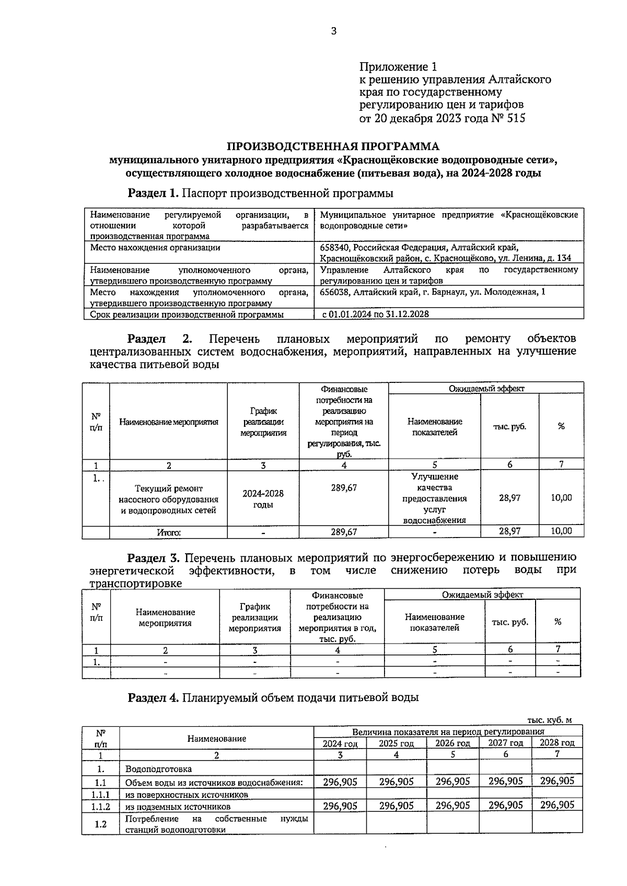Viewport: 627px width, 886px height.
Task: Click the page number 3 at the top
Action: point(334,31)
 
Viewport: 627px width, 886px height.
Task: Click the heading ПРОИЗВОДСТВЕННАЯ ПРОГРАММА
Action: point(333,146)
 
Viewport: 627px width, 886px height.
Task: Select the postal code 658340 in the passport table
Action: point(334,248)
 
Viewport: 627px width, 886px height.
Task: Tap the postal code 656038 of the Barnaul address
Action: point(334,292)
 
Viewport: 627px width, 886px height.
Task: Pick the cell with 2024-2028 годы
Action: point(263,499)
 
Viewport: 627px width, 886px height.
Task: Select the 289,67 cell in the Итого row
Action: point(344,532)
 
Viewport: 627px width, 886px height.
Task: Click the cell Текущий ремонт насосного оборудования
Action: point(168,499)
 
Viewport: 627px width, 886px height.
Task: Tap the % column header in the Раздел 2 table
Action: point(561,426)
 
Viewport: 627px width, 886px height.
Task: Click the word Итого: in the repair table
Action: point(168,532)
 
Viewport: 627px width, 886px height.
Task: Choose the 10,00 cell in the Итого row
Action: point(561,531)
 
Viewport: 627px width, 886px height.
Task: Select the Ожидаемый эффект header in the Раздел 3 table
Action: point(482,594)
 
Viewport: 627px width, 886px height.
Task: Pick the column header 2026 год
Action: point(452,743)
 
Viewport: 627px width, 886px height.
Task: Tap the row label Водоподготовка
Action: point(158,769)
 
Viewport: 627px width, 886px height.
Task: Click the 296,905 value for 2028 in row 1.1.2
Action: point(557,806)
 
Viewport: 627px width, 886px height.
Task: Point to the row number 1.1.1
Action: point(100,794)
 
